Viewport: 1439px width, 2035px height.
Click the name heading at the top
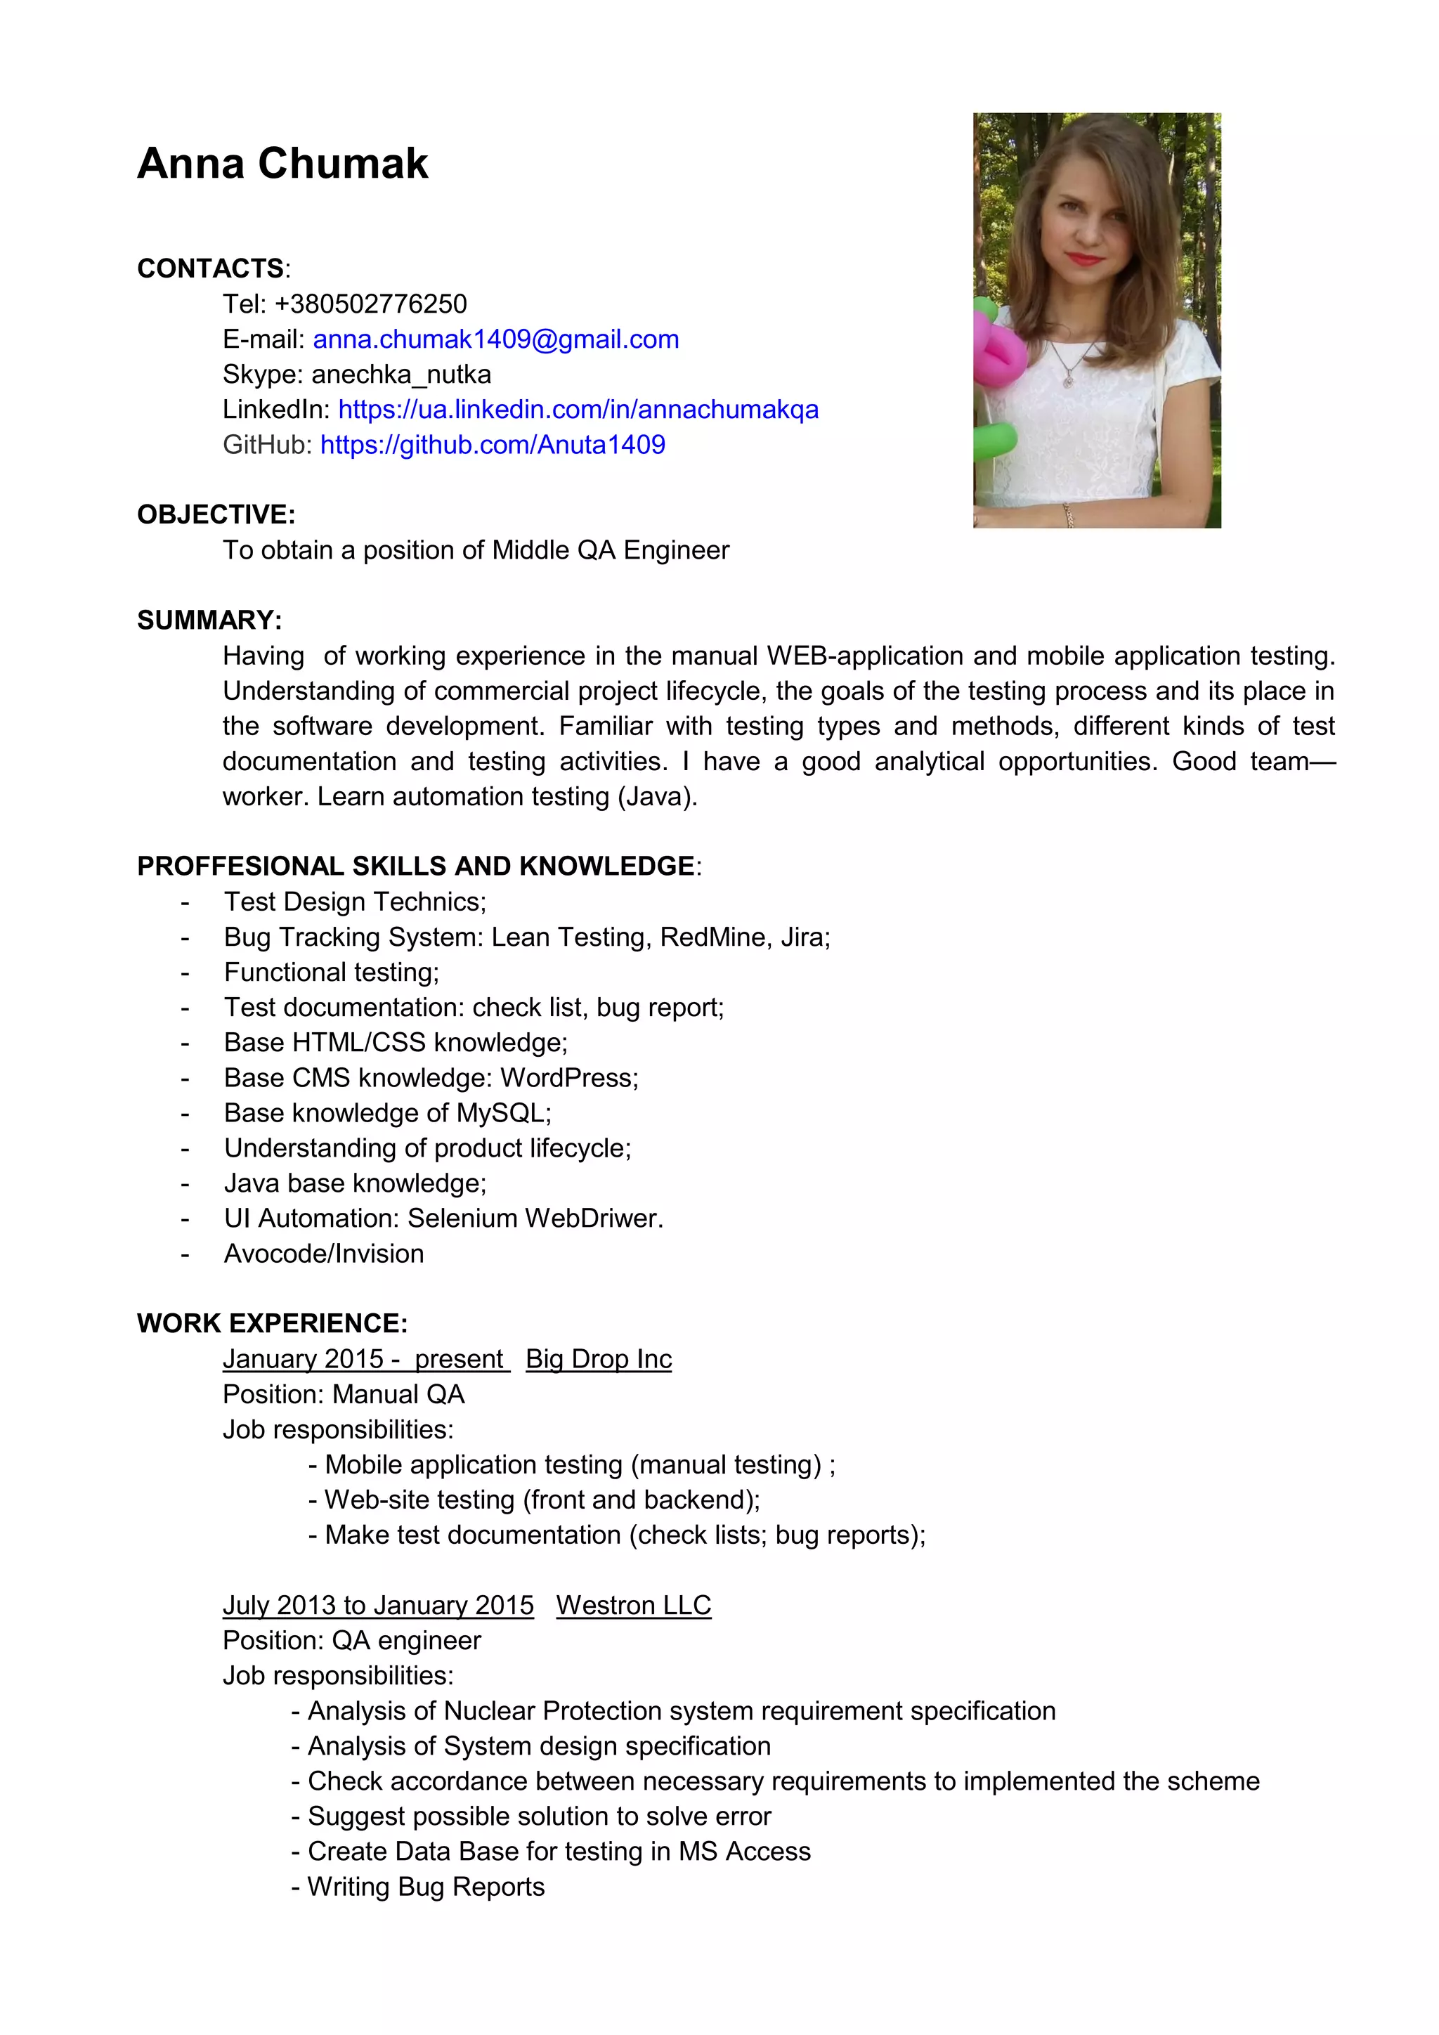coord(282,164)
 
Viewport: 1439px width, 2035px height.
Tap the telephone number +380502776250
coord(370,304)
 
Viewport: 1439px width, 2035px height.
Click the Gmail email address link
coord(495,339)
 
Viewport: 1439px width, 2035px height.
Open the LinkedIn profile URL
coord(578,410)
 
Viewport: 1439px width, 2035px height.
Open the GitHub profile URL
coord(492,445)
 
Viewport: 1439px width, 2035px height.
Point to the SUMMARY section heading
coord(209,620)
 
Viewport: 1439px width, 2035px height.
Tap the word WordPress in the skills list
coord(568,1078)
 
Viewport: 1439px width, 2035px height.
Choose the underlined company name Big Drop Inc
coord(598,1360)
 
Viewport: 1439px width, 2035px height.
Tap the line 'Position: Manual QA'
coord(343,1395)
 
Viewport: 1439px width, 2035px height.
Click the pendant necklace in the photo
coord(1069,380)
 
